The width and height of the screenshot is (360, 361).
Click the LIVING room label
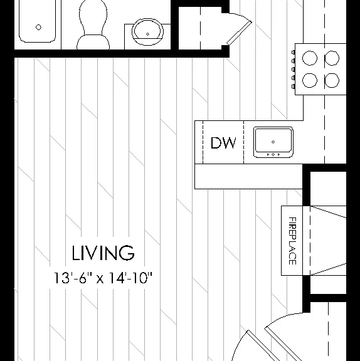coord(103,253)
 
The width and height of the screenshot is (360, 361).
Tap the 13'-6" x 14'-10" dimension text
coord(103,278)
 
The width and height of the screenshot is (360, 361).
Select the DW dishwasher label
coord(223,143)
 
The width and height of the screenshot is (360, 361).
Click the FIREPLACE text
coord(292,241)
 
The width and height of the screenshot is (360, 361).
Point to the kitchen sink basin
coord(273,142)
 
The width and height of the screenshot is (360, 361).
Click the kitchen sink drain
coord(273,142)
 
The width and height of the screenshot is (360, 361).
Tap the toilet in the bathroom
coord(93,25)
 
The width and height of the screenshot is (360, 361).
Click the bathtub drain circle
coord(38,27)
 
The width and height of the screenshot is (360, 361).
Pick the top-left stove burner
coord(310,58)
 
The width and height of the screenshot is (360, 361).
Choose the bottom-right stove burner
coord(332,80)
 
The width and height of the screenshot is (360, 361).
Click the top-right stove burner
coord(332,58)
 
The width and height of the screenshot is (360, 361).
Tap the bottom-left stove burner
coord(310,80)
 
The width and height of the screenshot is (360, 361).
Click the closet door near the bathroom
coord(239,33)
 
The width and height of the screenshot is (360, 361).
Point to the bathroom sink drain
coord(147,34)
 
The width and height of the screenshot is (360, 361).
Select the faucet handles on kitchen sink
coord(273,154)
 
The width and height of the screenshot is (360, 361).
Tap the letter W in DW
coord(229,143)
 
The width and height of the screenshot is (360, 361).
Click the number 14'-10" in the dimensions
coord(130,278)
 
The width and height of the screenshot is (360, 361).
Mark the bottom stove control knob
coord(293,86)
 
